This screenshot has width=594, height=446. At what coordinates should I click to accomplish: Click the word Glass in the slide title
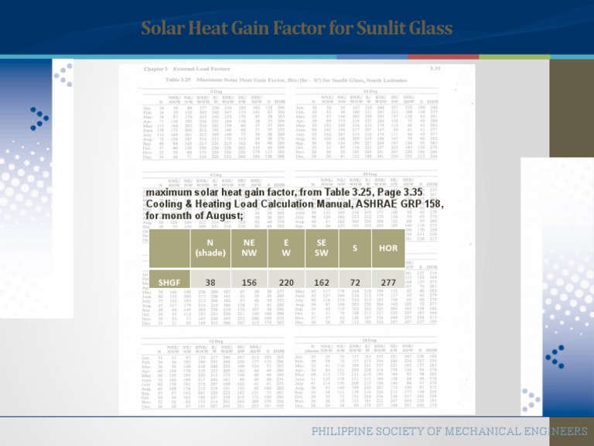[x=425, y=29]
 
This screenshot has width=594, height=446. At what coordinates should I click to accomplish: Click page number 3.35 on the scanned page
[x=453, y=69]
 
